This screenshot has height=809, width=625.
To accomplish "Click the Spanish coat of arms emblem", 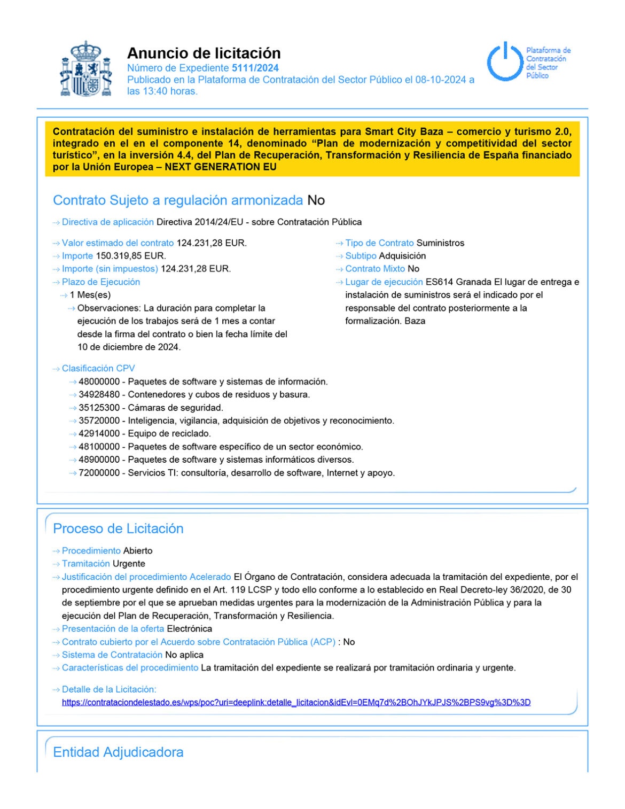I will (x=86, y=69).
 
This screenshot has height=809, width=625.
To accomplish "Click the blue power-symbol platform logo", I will (x=504, y=63).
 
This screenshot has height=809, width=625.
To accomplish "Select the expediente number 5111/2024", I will (x=255, y=68).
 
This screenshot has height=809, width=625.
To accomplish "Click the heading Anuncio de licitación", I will (x=204, y=53).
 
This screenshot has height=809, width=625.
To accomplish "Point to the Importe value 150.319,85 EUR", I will (x=131, y=256).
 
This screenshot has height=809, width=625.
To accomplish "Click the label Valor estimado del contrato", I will (x=118, y=243).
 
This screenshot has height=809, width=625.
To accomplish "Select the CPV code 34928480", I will (x=99, y=395).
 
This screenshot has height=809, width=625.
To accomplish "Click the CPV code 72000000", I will (x=99, y=473).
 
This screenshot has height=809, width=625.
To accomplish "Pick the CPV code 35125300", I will (x=99, y=408).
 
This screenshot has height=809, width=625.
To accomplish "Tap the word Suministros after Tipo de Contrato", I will (x=440, y=243).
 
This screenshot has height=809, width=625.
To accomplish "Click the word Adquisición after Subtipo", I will (x=402, y=256).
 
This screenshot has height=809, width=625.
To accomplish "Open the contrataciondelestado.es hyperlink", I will (x=296, y=702).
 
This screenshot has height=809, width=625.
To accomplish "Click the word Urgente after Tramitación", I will (x=129, y=564).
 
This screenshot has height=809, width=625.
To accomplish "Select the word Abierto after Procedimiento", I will (x=138, y=551).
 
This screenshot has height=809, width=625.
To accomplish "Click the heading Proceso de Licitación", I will (x=118, y=528).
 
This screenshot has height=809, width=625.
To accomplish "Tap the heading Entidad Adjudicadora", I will (x=118, y=752).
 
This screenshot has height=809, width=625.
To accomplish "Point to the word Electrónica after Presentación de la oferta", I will (x=189, y=629).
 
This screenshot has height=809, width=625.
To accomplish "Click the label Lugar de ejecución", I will (x=384, y=282).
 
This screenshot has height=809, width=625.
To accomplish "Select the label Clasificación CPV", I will (x=98, y=369).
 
